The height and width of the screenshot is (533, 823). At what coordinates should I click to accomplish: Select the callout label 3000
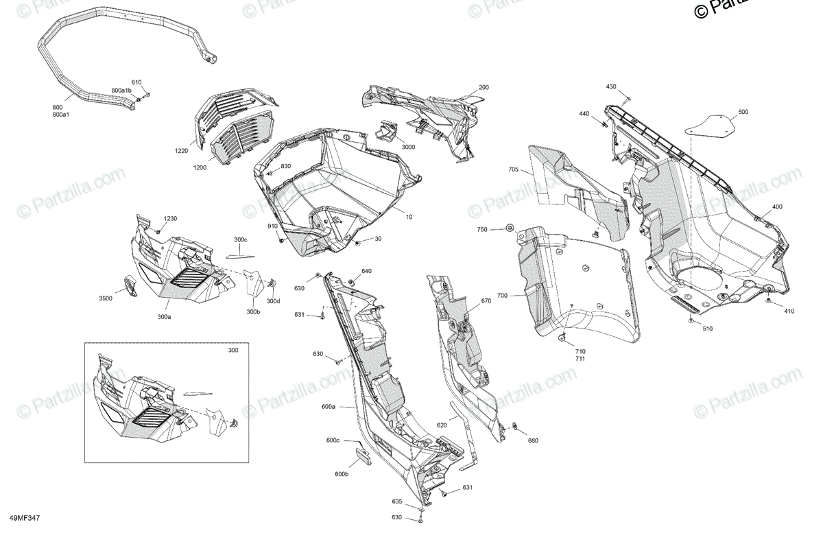[409, 147]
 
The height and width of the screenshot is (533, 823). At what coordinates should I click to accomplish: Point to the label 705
[513, 169]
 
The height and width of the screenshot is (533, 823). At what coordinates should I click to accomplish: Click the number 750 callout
[483, 229]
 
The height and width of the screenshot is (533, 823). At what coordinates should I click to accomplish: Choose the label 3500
[106, 298]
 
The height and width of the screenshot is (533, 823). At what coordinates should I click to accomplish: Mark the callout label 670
[486, 301]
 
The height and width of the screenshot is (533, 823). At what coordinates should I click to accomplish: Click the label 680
[533, 441]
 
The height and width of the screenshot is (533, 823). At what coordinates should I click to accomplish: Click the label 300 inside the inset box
[234, 351]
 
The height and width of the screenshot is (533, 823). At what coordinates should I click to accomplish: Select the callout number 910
[272, 226]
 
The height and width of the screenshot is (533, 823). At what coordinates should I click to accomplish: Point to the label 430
[611, 87]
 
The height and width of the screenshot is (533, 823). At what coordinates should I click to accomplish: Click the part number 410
[789, 311]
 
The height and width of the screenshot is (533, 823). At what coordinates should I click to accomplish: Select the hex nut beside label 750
[510, 228]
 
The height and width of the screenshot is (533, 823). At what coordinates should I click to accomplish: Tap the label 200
[484, 88]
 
